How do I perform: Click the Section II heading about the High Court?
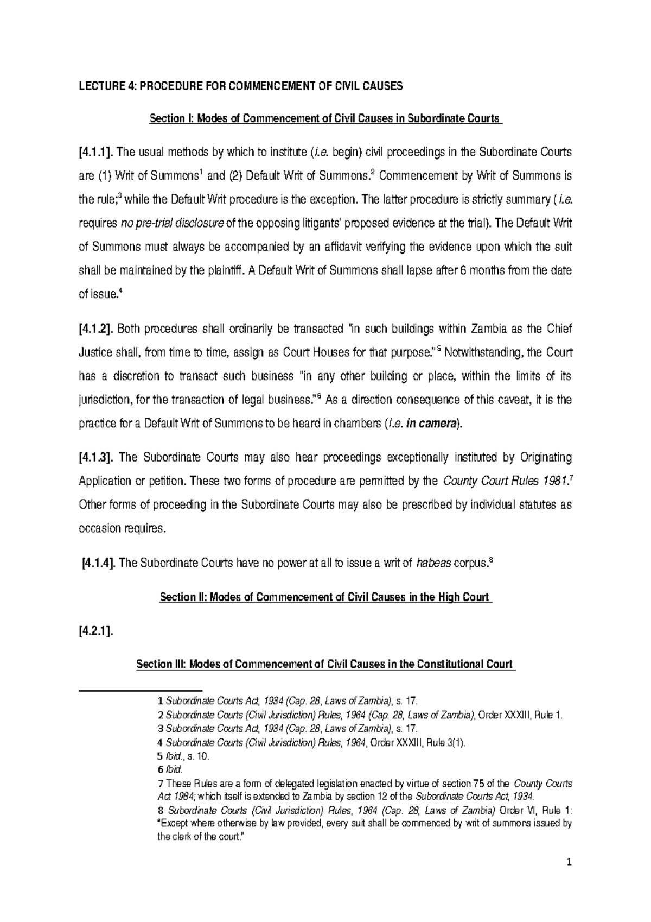point(325,597)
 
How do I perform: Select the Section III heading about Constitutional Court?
point(325,664)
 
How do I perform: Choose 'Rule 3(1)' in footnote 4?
point(445,743)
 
